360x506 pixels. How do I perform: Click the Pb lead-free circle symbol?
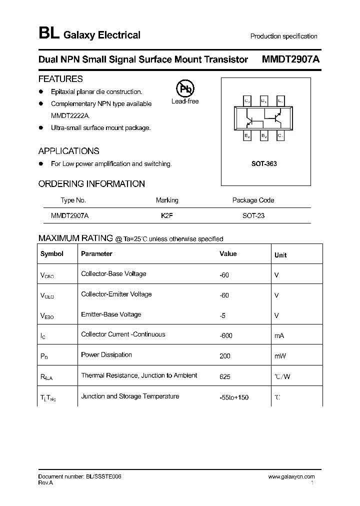[x=185, y=89]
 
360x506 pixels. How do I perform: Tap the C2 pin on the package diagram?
[x=247, y=101]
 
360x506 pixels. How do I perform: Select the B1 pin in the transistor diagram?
[x=264, y=101]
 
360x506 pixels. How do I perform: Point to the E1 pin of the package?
[x=280, y=101]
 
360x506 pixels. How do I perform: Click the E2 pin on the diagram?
[x=247, y=135]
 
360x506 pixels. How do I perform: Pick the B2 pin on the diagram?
[x=264, y=135]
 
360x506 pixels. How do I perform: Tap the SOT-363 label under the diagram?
[x=264, y=164]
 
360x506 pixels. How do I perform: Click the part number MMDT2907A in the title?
[x=291, y=59]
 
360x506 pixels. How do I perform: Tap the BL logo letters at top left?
[x=48, y=34]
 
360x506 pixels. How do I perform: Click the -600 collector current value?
[x=226, y=335]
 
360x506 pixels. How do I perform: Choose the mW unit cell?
[x=280, y=356]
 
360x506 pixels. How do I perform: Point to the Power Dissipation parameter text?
[x=106, y=355]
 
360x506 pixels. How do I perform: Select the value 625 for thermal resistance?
[x=225, y=376]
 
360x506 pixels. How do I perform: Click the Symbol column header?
[x=52, y=254]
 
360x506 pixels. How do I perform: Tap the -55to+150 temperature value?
[x=234, y=397]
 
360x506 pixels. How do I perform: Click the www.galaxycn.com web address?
[x=291, y=477]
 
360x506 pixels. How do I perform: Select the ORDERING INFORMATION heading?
[x=91, y=184]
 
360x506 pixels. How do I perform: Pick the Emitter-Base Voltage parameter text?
[x=111, y=314]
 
